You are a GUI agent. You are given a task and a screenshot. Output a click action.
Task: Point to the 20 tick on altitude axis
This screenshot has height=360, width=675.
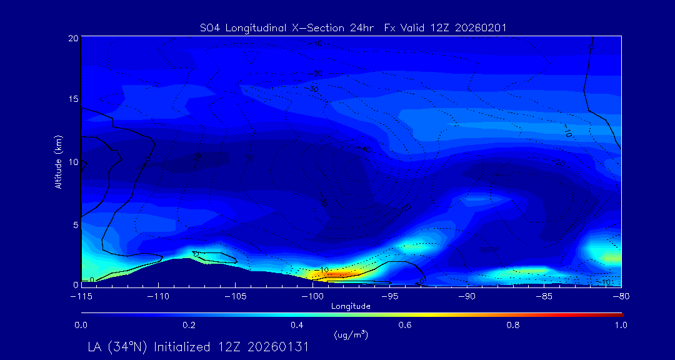pyautogui.click(x=73, y=38)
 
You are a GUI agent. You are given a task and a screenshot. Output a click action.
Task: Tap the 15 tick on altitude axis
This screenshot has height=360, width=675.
pyautogui.click(x=73, y=99)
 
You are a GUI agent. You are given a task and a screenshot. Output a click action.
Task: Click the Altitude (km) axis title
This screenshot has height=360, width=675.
pyautogui.click(x=58, y=162)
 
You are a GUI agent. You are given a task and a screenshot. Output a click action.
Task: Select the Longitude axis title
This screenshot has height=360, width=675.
pyautogui.click(x=351, y=306)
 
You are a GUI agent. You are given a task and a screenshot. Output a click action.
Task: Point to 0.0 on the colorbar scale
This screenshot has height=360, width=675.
pyautogui.click(x=81, y=325)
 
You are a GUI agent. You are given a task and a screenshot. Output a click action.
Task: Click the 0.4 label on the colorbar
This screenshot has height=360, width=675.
pyautogui.click(x=297, y=325)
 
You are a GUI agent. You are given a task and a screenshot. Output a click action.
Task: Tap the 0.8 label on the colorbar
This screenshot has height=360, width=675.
pyautogui.click(x=514, y=325)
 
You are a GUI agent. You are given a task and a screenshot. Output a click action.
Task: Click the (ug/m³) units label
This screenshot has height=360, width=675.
pyautogui.click(x=351, y=335)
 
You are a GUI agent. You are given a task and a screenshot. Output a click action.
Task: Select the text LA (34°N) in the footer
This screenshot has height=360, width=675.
pyautogui.click(x=117, y=347)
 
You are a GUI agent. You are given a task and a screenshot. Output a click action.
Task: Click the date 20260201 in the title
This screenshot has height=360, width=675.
pyautogui.click(x=482, y=27)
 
